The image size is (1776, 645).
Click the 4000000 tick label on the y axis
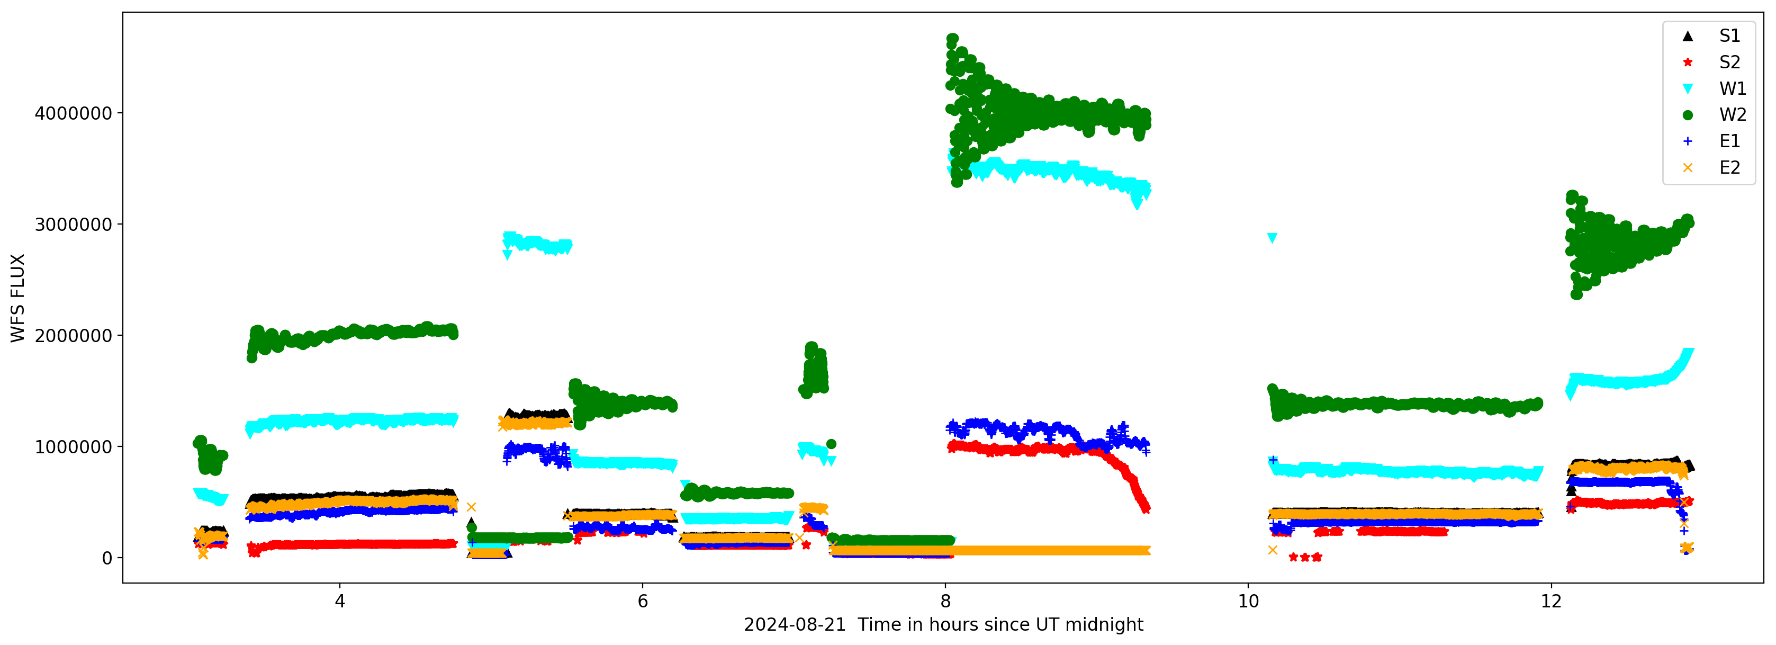tap(73, 113)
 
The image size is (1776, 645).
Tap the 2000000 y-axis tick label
tap(73, 336)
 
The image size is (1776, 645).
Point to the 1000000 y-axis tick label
tap(73, 447)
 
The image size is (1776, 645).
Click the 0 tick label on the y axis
tap(107, 558)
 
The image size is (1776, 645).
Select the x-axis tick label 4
tap(340, 602)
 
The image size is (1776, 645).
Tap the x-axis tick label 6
tap(643, 602)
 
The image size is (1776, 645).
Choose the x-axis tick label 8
tap(945, 602)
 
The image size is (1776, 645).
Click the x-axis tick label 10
tap(1248, 602)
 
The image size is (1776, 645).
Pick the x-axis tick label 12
tap(1550, 602)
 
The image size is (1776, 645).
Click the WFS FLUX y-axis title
tap(18, 298)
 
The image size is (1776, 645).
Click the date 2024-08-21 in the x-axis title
tap(794, 625)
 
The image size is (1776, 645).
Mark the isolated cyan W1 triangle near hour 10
tap(1272, 238)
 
